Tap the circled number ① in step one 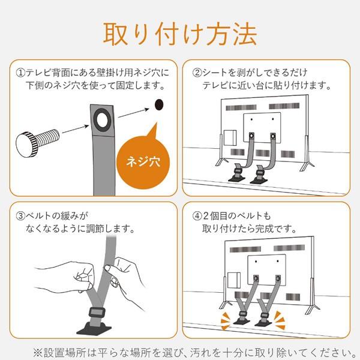[x=22, y=73]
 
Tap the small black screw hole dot [x=159, y=105]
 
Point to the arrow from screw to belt [x=75, y=128]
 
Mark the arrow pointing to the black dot [x=134, y=111]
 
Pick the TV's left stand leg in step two [x=221, y=161]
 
